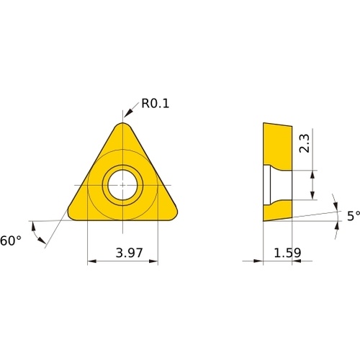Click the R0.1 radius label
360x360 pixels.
pos(156,104)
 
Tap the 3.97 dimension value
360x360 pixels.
pos(129,253)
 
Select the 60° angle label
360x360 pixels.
pos(11,240)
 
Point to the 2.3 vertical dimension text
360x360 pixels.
pos(305,143)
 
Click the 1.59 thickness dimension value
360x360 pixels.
pos(287,253)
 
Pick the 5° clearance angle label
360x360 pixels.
pos(354,216)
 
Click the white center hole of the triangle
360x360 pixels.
pos(122,185)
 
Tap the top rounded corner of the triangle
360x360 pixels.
pos(123,124)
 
